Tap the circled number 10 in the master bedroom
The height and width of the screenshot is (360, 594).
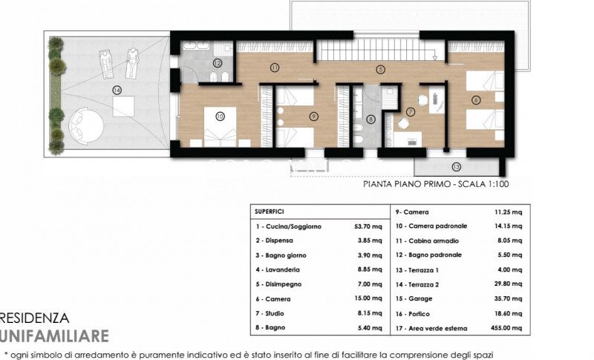pyautogui.click(x=220, y=117)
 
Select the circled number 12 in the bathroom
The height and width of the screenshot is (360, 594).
pyautogui.click(x=217, y=64)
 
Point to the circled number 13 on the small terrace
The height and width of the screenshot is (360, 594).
pyautogui.click(x=456, y=166)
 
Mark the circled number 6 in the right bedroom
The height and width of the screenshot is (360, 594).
pyautogui.click(x=476, y=99)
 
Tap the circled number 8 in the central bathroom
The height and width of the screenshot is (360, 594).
pyautogui.click(x=371, y=118)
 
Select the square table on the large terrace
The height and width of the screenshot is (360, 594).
pyautogui.click(x=123, y=106)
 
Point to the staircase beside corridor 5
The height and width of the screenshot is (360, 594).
pyautogui.click(x=353, y=51)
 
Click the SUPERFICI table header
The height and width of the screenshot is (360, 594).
pyautogui.click(x=270, y=211)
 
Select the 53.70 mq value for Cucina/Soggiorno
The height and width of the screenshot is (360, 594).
pyautogui.click(x=369, y=226)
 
